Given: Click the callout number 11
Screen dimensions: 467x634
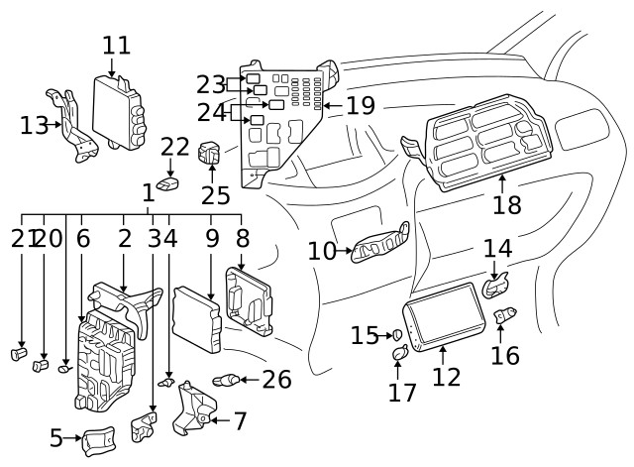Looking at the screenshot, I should point(116,45).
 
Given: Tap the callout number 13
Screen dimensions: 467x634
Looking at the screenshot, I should point(33,125).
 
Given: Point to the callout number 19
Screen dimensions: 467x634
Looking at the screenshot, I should point(360,105).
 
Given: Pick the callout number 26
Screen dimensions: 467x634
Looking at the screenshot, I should point(277,379).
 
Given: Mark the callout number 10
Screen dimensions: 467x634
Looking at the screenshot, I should point(322,251).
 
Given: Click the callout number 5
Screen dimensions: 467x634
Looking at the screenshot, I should point(56,436).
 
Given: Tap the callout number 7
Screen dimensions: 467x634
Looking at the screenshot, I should point(239,420).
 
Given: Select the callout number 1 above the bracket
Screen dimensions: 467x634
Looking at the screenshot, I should point(148,191).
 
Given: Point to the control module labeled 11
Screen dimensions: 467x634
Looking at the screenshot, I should point(119,112).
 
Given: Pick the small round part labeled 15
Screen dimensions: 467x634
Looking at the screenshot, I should point(397,335).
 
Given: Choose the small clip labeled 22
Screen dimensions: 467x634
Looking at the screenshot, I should point(170,183).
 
